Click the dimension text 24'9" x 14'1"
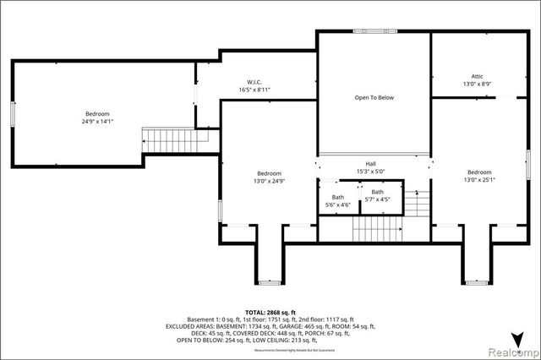point(96,122)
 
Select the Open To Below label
point(374,97)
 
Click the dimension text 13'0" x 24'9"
point(269,180)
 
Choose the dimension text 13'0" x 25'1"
point(478,179)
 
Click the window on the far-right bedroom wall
point(527,169)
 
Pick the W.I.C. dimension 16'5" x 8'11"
point(254,90)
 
